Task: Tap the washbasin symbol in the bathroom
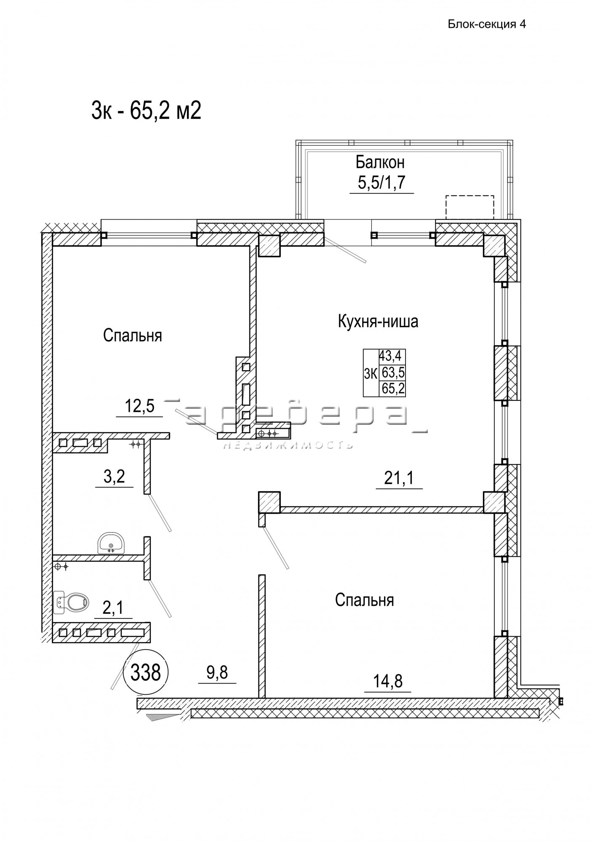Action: (x=111, y=543)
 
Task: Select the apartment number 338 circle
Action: (x=146, y=672)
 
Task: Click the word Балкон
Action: (x=380, y=162)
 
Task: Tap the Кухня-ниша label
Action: (x=378, y=322)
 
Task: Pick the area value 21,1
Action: (x=399, y=478)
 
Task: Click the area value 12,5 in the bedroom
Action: (x=140, y=406)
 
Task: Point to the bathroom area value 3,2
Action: (x=114, y=477)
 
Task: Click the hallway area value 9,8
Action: (x=217, y=673)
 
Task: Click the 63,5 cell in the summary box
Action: (x=392, y=373)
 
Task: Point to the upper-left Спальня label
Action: (x=133, y=336)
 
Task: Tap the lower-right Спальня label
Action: (x=365, y=600)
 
